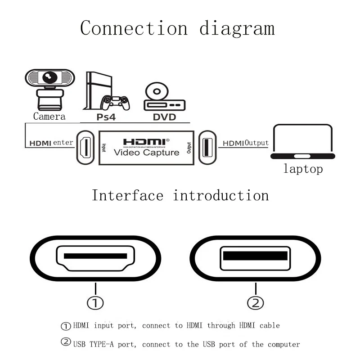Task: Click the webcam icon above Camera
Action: pos(49,88)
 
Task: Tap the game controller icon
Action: pos(115,103)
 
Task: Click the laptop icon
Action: pos(303,141)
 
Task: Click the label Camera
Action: pos(49,117)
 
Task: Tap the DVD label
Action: pos(164,117)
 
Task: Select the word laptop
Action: pos(303,169)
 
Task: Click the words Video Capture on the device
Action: pos(146,152)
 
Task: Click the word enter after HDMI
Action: pos(63,143)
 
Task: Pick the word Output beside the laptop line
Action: pos(256,143)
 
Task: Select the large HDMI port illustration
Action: pos(95,258)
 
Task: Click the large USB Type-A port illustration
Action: pos(255,258)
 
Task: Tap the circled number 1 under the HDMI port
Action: pos(95,303)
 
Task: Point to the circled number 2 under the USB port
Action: pos(255,303)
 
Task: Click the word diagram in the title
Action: pos(237,28)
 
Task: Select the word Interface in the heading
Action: pos(127,196)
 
